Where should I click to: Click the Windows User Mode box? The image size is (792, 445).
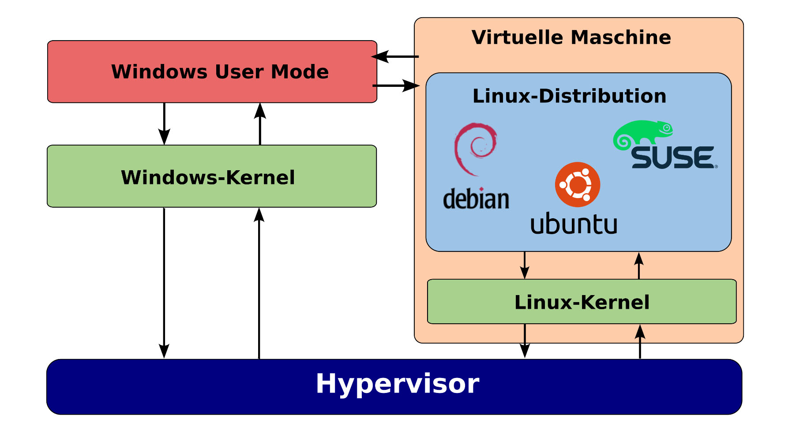[212, 72]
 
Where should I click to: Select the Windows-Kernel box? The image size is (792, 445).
[212, 176]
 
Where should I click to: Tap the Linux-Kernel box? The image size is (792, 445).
[582, 302]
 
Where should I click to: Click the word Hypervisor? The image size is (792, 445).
[397, 384]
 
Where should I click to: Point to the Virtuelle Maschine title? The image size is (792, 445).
[571, 37]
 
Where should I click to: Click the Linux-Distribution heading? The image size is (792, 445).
[569, 96]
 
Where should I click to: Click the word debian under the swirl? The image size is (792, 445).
[476, 199]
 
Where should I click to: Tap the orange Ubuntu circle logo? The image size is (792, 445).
[577, 184]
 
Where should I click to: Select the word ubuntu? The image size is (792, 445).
[574, 224]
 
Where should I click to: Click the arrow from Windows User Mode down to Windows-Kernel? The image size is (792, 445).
[164, 123]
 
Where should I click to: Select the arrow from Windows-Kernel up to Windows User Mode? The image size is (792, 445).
[260, 124]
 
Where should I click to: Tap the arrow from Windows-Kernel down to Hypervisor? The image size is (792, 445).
[164, 282]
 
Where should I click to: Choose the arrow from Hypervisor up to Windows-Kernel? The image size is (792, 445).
[259, 282]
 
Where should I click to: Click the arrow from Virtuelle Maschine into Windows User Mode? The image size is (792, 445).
[395, 56]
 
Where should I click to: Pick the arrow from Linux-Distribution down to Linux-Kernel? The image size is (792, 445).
[524, 265]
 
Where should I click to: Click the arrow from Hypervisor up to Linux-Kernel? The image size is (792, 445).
[640, 341]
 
